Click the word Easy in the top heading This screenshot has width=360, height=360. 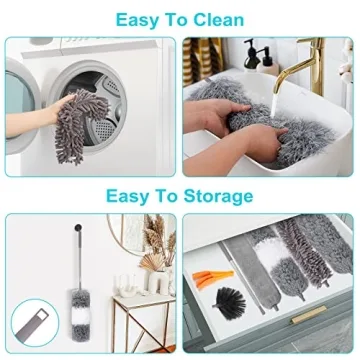pos(141,19)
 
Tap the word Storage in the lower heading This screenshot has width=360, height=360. pos(220,195)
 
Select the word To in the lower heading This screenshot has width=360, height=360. pos(169,195)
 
